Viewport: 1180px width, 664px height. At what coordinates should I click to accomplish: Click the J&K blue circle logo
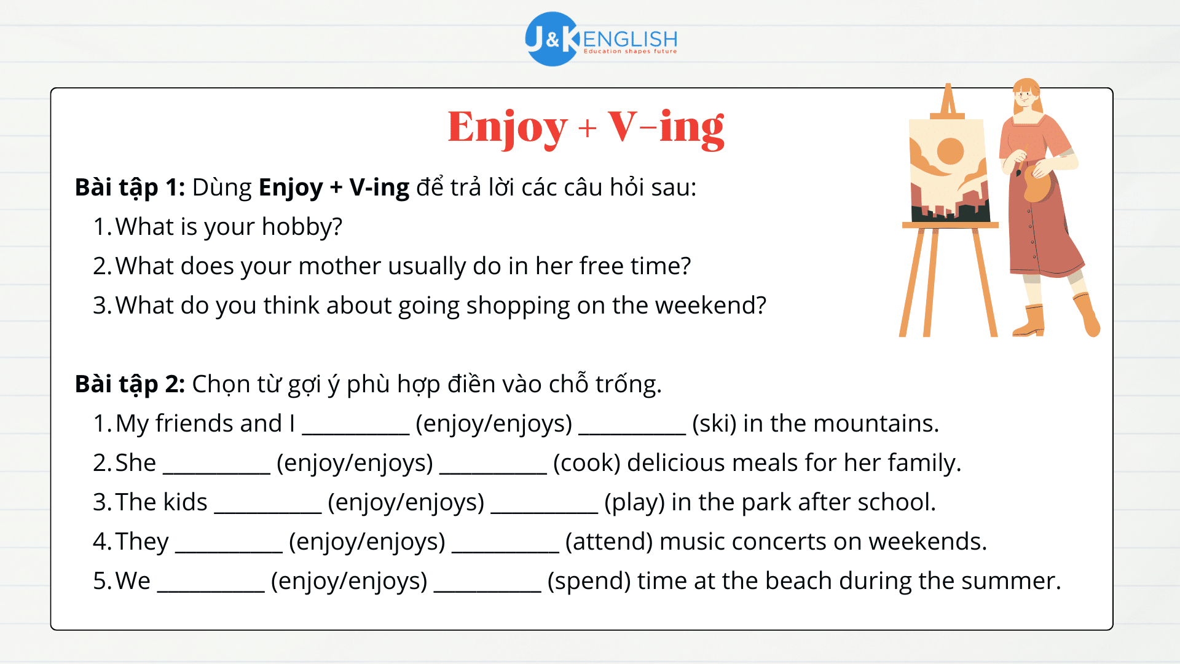[x=551, y=39]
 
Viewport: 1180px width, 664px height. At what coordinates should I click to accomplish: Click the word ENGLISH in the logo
[x=630, y=38]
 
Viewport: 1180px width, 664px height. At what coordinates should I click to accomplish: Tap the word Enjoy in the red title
[x=507, y=127]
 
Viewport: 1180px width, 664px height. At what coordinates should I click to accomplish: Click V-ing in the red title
[x=666, y=127]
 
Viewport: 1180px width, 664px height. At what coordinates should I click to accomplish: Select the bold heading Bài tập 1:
[x=130, y=188]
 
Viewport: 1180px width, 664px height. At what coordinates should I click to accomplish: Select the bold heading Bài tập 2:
[x=130, y=384]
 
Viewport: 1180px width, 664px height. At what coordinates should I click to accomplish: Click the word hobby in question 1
[x=301, y=227]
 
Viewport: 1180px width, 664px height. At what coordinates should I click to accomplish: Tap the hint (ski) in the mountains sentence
[x=714, y=424]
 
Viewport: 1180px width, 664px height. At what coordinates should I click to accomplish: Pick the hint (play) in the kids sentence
[x=634, y=502]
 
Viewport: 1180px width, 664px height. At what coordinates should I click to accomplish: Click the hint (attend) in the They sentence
[x=608, y=542]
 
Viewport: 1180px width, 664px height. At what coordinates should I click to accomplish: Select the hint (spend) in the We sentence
[x=589, y=581]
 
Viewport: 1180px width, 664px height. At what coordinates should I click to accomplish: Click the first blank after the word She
[x=216, y=466]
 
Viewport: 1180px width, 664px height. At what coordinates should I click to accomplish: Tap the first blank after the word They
[x=229, y=545]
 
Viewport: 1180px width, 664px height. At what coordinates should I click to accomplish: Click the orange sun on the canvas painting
[x=950, y=151]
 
